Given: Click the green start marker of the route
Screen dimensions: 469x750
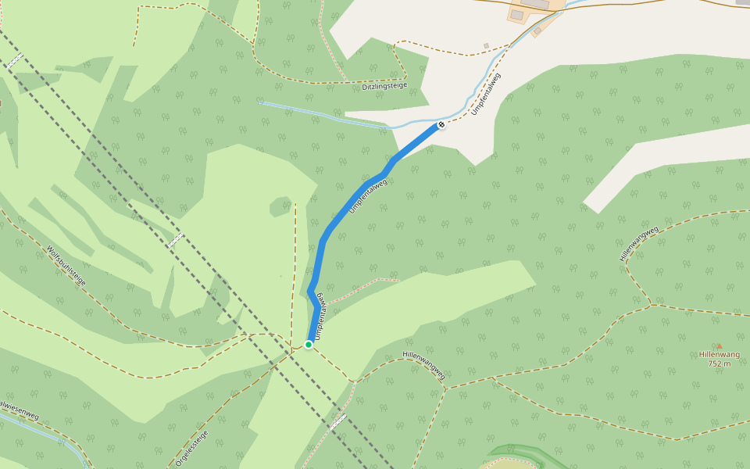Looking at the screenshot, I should (309, 344).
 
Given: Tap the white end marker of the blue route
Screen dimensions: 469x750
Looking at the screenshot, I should (441, 124).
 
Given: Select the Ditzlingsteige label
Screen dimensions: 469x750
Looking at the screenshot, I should (384, 85).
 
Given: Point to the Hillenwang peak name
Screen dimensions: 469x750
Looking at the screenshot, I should (719, 354).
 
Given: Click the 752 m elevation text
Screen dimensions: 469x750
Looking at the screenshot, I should (719, 363).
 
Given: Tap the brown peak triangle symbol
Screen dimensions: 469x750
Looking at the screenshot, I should (720, 345).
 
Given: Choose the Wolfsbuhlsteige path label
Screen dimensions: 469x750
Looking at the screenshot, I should (66, 266).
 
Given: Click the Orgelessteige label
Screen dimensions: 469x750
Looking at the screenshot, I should (192, 448).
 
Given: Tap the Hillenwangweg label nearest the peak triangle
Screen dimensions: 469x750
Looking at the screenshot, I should (639, 243).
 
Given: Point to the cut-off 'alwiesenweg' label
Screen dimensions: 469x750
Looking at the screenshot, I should (19, 410).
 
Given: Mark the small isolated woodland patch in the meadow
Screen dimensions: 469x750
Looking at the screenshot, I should (280, 207).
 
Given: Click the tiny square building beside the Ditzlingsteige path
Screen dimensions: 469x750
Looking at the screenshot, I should (486, 45).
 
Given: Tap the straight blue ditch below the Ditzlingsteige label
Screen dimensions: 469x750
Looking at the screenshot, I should (312, 112).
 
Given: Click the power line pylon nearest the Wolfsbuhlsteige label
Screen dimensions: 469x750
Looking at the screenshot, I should (175, 241).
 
